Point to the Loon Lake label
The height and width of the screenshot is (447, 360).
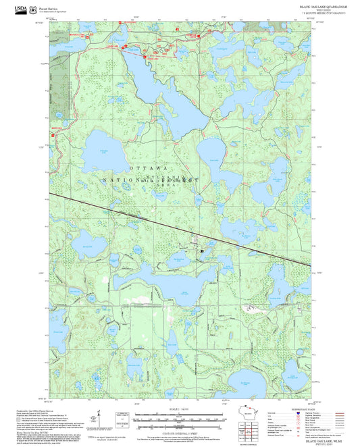215,159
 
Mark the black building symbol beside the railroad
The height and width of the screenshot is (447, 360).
201,251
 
